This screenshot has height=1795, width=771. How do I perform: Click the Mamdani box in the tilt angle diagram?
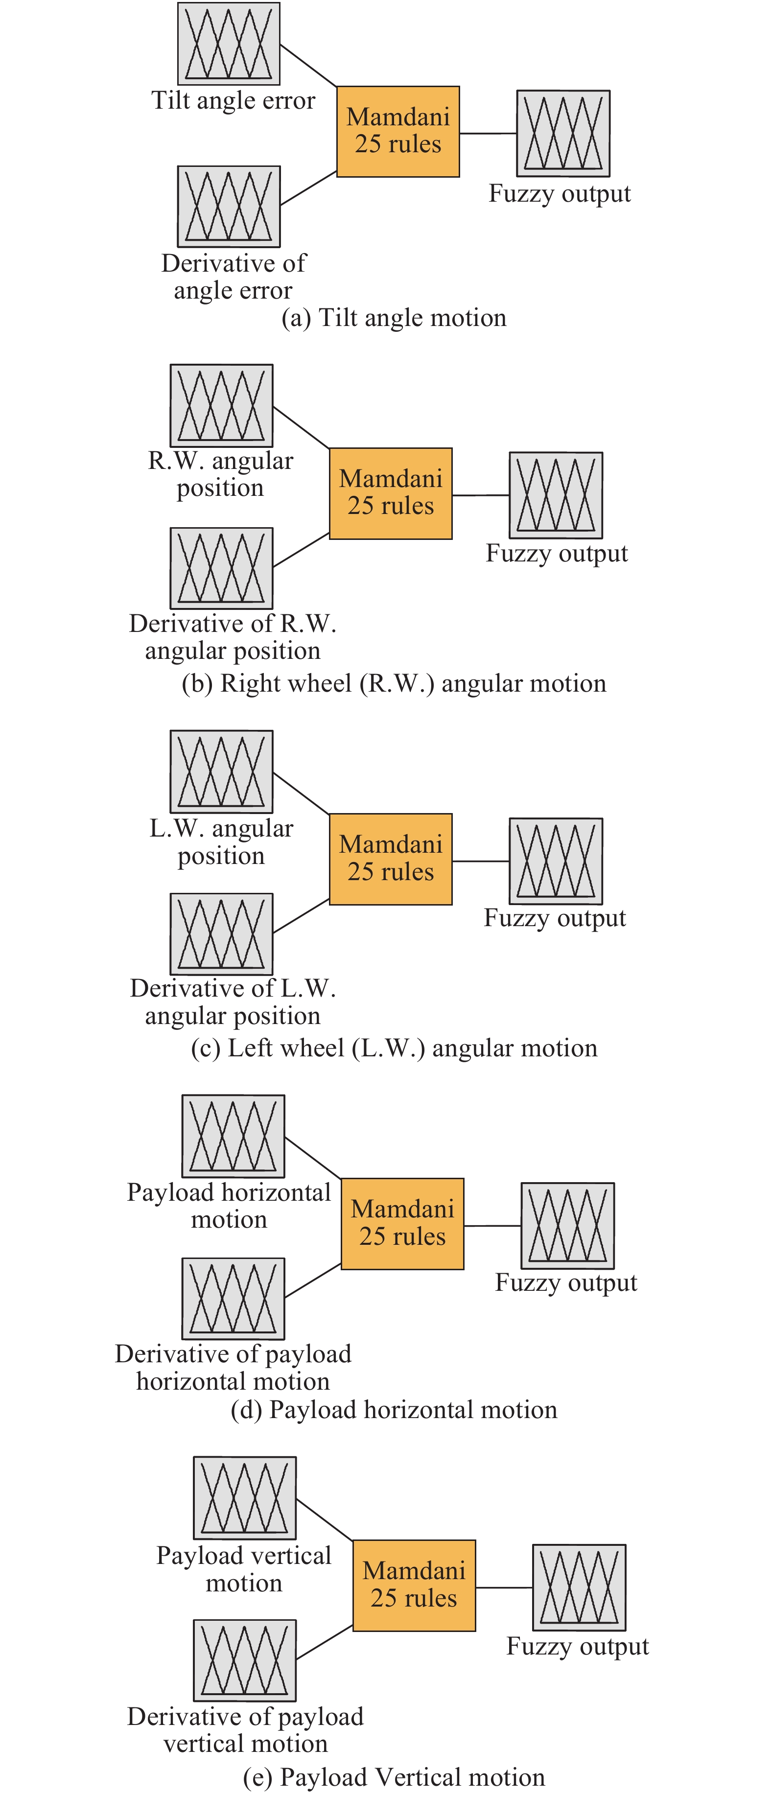(x=398, y=131)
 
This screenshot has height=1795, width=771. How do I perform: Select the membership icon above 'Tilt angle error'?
(x=229, y=43)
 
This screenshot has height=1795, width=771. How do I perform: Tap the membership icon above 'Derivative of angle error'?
(x=229, y=206)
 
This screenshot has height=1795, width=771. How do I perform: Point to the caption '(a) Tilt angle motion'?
(x=394, y=318)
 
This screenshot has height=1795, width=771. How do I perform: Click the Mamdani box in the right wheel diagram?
(x=390, y=493)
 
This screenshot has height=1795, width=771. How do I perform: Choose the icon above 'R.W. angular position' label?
(x=222, y=405)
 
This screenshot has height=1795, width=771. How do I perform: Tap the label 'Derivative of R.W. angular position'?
(x=233, y=637)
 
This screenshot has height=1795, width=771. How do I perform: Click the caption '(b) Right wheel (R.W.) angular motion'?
(x=394, y=683)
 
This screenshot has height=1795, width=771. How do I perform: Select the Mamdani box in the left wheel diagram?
(x=390, y=859)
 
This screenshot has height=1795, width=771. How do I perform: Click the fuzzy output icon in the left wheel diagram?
(x=556, y=861)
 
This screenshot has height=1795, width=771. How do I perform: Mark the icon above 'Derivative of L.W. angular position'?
(x=222, y=934)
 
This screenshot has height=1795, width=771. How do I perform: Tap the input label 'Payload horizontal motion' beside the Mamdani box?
(x=229, y=1206)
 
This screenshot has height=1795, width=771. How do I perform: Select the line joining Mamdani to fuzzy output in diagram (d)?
(x=492, y=1226)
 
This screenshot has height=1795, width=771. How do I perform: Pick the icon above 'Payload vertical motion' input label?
(x=245, y=1497)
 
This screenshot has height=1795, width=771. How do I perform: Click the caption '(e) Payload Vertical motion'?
(x=394, y=1777)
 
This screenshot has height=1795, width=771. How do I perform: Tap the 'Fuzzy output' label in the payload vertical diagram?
(x=577, y=1646)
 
